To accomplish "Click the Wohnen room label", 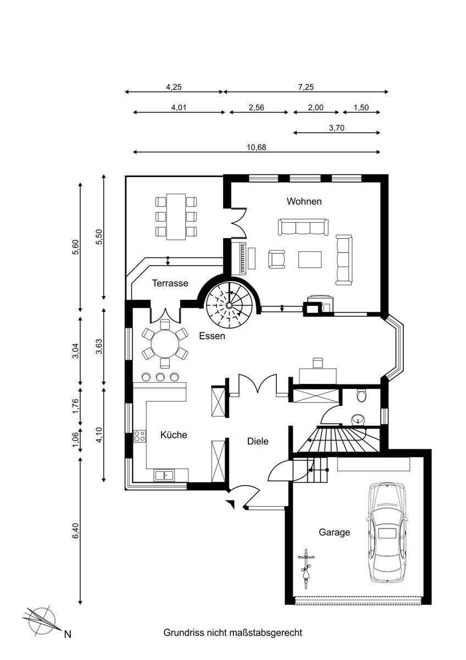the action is click(x=304, y=201).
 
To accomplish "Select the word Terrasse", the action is click(x=170, y=283).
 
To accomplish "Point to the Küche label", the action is click(x=174, y=435).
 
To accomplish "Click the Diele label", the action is click(x=258, y=441).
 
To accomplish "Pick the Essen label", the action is click(x=212, y=336).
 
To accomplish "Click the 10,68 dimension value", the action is click(x=257, y=147).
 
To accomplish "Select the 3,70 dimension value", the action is click(x=337, y=128).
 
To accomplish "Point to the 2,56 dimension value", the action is click(x=257, y=108).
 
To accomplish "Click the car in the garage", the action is click(x=387, y=533).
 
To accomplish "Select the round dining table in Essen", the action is click(x=165, y=344).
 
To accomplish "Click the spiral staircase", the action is click(x=229, y=305).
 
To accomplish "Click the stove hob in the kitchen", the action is click(x=140, y=436).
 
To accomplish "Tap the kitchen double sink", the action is click(x=164, y=476).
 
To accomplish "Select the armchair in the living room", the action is click(x=277, y=259).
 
